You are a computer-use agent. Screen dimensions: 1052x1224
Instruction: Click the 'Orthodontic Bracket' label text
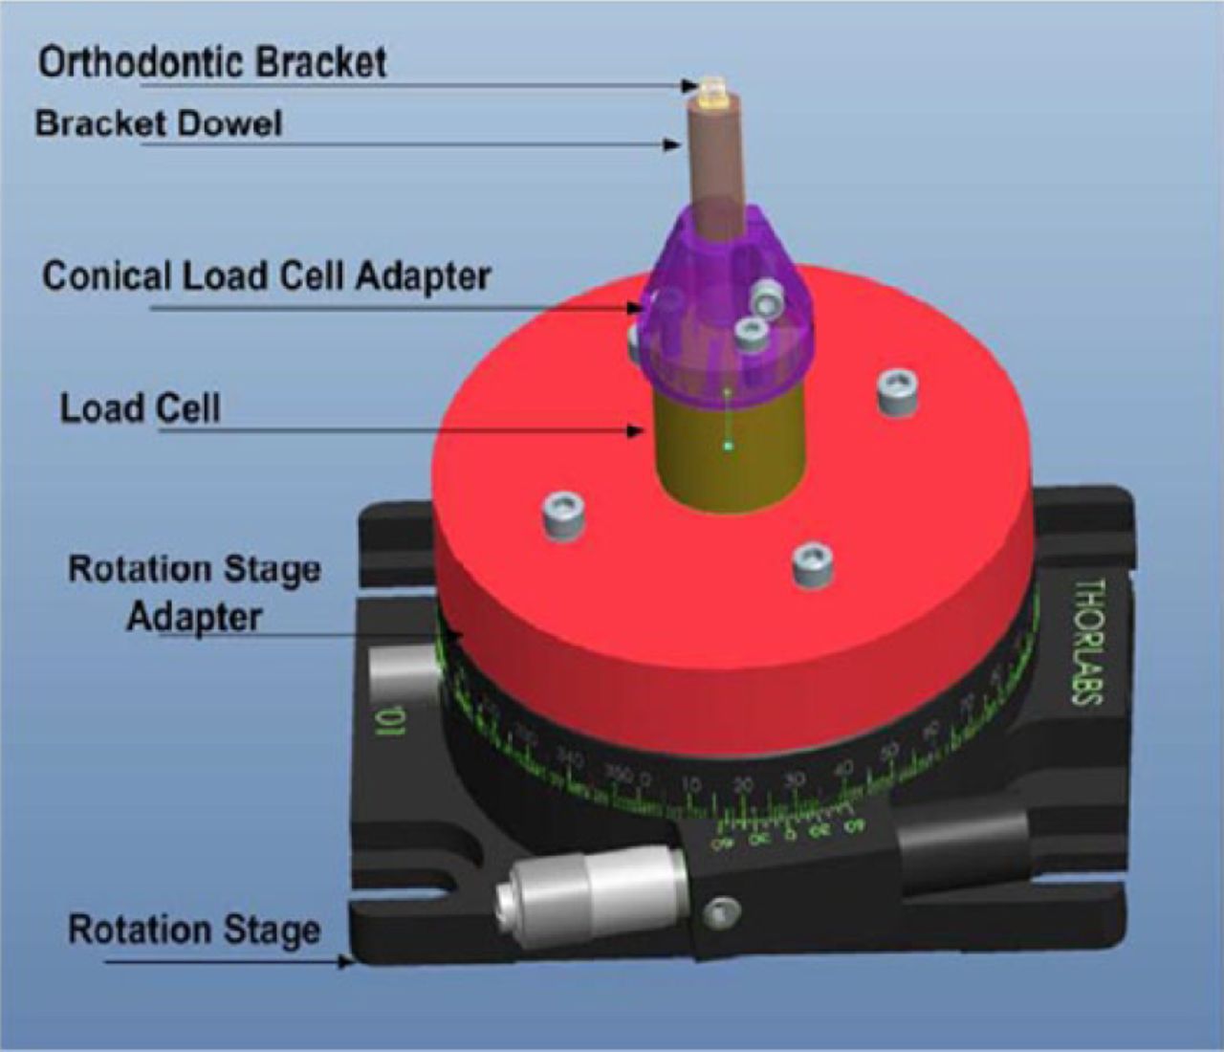[x=212, y=63]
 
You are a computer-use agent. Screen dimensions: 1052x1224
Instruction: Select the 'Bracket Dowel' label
[x=159, y=124]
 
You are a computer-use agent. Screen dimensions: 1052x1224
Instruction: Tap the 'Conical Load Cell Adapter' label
[x=266, y=276]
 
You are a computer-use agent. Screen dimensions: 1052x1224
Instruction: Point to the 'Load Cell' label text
[x=140, y=408]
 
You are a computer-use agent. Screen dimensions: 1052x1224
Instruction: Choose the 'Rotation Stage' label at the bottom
[x=194, y=930]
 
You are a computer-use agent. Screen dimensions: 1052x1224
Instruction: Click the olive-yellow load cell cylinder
[x=727, y=449]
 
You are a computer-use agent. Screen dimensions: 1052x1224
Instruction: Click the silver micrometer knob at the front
[x=593, y=889]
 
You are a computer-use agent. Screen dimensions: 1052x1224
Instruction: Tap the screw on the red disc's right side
[x=895, y=392]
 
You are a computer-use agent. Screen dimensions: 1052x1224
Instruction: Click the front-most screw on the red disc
[x=811, y=566]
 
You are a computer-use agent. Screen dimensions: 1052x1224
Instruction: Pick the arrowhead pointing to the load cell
[x=635, y=431]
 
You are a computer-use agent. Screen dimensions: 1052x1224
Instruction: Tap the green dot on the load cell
[x=728, y=444]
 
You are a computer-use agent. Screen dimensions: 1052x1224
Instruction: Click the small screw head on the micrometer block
[x=719, y=912]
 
